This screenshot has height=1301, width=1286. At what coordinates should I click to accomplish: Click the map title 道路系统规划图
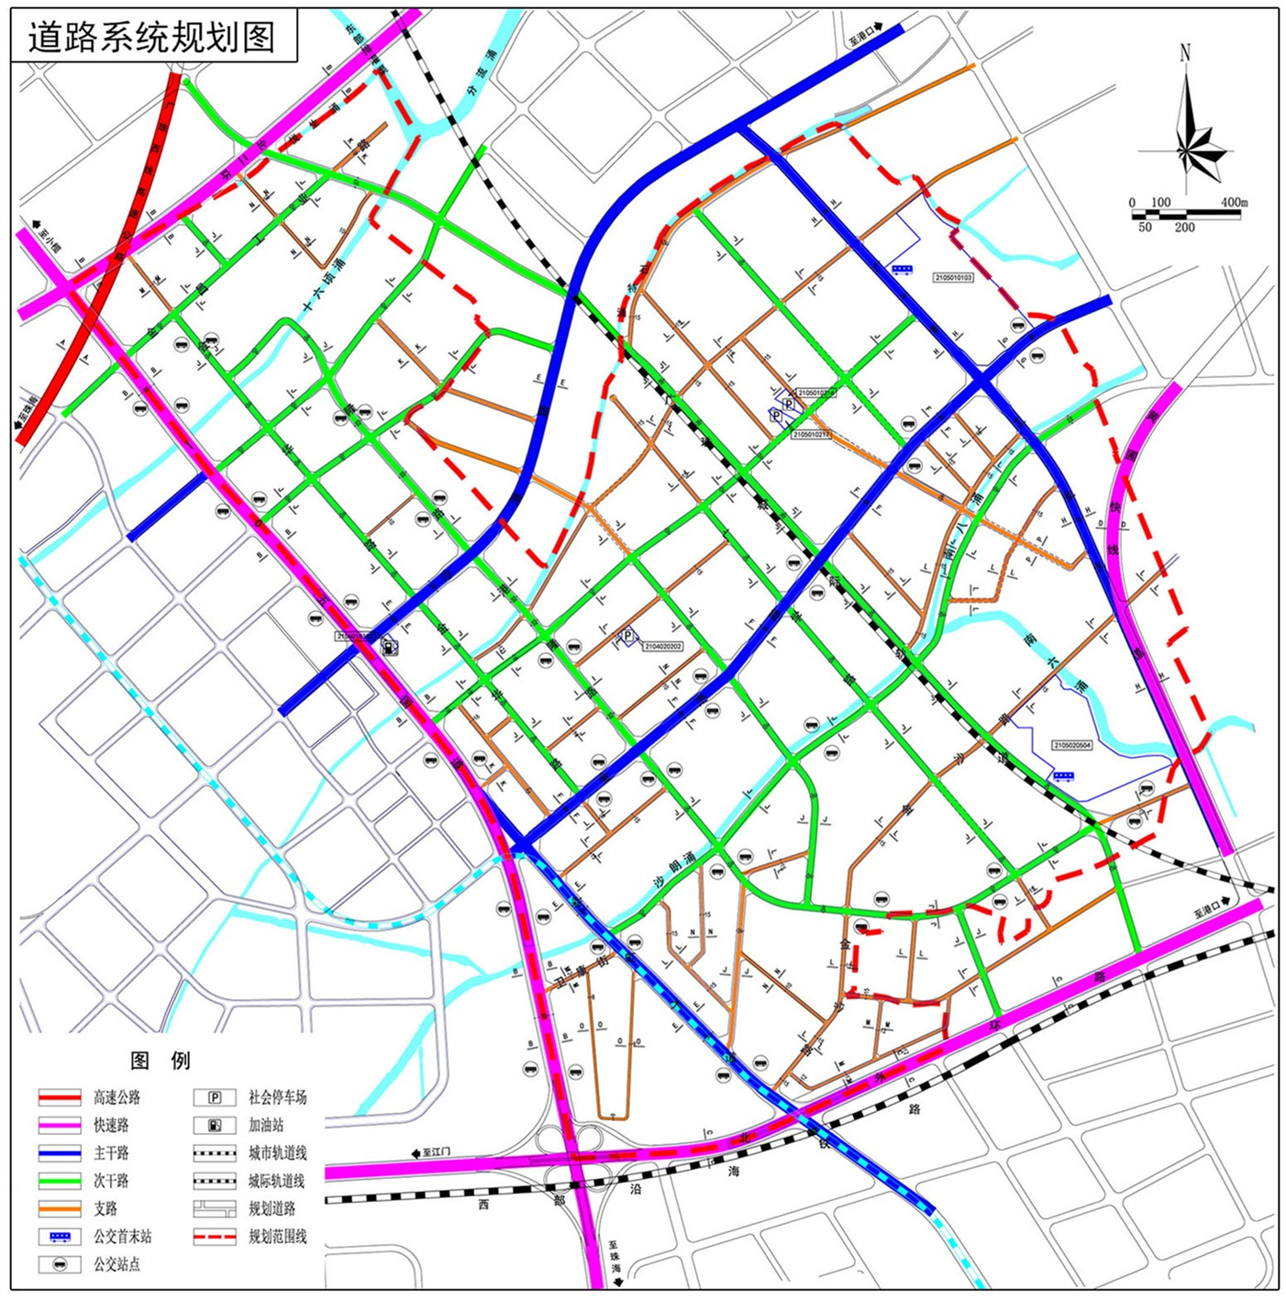[x=151, y=37]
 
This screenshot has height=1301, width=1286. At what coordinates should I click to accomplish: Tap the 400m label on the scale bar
[x=1234, y=202]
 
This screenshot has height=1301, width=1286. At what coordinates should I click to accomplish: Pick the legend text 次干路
[x=111, y=1181]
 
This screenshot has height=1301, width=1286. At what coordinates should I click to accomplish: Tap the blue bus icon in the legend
[x=60, y=1237]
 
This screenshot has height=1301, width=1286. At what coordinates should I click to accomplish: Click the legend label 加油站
[x=266, y=1125]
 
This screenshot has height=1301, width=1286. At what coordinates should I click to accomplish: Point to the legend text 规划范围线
[x=277, y=1237]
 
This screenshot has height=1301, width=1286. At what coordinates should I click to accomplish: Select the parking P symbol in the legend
[x=215, y=1097]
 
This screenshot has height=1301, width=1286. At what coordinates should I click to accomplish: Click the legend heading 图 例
[x=161, y=1062]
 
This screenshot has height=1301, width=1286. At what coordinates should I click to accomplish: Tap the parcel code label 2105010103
[x=953, y=277]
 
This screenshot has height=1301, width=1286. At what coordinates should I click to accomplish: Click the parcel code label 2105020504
[x=1072, y=746]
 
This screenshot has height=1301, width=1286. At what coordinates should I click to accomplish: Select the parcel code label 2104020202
[x=662, y=647]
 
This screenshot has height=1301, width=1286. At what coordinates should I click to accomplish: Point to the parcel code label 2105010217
[x=811, y=435]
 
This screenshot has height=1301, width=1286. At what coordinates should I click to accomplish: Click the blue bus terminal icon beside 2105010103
[x=903, y=270]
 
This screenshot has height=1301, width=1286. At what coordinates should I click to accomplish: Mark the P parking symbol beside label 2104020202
[x=628, y=636]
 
